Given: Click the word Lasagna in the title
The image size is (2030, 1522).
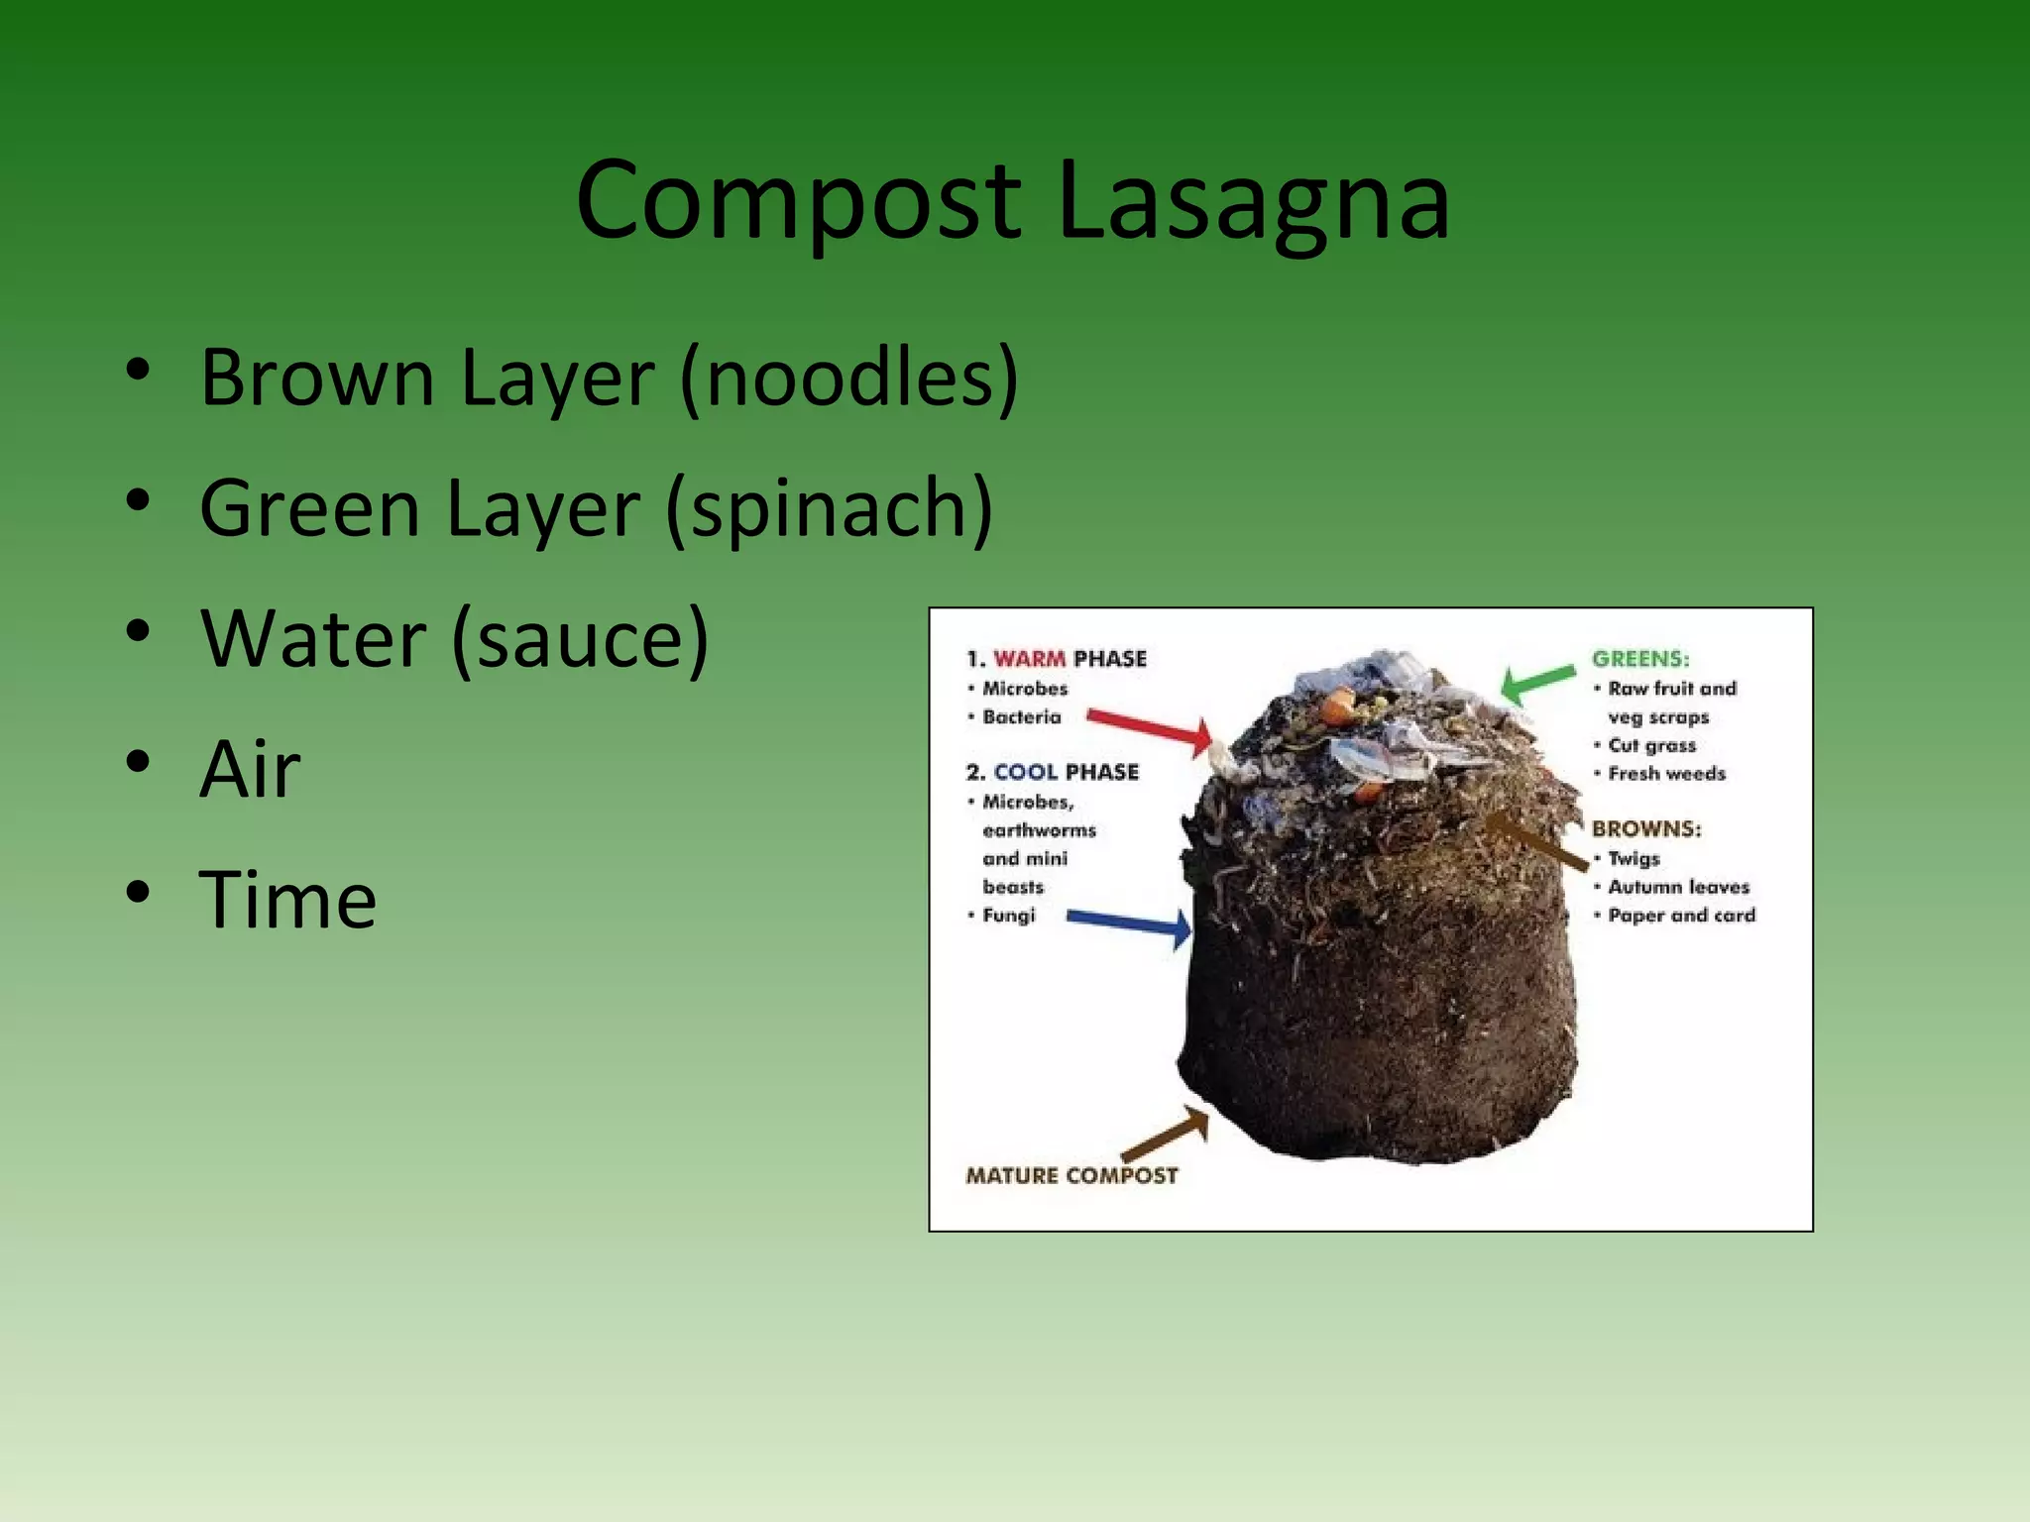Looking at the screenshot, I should tap(1253, 203).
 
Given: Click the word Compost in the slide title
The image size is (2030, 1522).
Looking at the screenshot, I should tap(798, 203).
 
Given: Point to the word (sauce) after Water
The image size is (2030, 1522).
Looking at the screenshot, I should tap(580, 640).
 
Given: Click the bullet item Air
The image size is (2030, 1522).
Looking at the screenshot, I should tap(250, 770).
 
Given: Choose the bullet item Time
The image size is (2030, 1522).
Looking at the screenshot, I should tap(287, 901).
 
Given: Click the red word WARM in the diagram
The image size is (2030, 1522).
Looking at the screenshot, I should tap(1029, 659).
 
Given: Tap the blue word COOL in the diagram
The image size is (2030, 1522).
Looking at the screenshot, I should tap(1025, 772).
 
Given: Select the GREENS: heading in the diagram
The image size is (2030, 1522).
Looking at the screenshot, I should tap(1639, 659).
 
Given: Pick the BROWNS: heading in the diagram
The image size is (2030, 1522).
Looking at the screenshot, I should tap(1645, 828).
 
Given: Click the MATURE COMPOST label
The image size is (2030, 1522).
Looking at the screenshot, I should tap(1071, 1176).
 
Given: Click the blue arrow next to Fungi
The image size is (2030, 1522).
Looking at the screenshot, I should tap(1130, 924).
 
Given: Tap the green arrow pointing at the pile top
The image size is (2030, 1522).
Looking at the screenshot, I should tap(1537, 682).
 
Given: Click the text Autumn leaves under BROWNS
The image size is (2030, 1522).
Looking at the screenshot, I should tap(1678, 887).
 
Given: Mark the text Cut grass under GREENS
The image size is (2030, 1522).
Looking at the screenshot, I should tap(1651, 745).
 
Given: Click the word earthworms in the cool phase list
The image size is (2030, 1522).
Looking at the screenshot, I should tap(1039, 830).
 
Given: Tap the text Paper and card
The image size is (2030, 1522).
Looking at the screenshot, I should tap(1681, 916).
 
